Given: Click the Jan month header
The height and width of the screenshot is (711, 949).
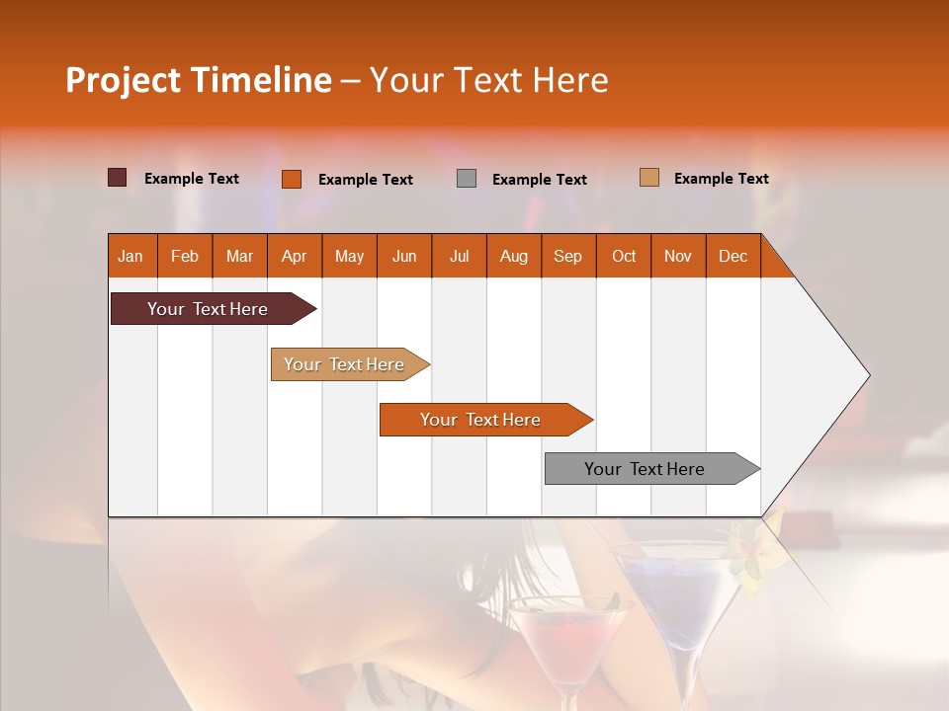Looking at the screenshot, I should [x=130, y=256].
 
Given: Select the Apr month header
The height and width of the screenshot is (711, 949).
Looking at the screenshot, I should [x=294, y=256].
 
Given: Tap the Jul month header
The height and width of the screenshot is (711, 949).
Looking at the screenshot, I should [x=459, y=256].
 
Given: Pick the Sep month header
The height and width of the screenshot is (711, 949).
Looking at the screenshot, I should [x=567, y=256].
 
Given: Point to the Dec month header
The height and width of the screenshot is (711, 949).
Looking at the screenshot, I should [x=733, y=256].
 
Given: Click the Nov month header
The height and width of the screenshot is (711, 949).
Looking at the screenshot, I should [x=677, y=256].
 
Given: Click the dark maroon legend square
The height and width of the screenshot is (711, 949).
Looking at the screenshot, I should [x=118, y=178].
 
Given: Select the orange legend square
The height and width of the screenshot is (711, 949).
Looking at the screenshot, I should [x=292, y=179].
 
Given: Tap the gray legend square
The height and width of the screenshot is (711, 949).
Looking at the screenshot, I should [x=467, y=179].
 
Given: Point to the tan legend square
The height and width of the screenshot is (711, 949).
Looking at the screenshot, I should [x=649, y=178].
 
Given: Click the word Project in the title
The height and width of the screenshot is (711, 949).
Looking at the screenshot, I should [x=124, y=79].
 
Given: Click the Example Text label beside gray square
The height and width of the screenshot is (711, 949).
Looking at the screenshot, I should [x=539, y=179].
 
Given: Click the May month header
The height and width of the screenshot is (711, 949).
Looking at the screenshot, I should [x=349, y=256].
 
